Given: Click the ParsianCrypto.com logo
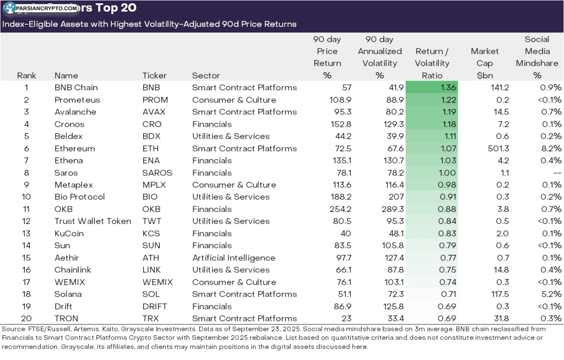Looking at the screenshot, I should pos(41,8).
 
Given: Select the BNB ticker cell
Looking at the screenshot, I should pos(151,88).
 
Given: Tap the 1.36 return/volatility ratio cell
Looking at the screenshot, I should pos(432,88).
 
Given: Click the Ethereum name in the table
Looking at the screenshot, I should pos(74,149).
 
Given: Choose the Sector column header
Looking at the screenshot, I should pos(206,75).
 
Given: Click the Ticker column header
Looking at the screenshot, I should pos(154,75).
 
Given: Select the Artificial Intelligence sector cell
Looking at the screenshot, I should pos(234,258).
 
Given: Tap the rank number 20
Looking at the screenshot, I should pos(26,318).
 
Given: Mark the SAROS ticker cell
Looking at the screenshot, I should pos(157,173).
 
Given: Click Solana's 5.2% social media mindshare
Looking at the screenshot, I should pos(550,294).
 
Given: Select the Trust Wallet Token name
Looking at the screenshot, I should pos(93,221).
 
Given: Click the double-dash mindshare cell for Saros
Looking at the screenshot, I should pos(556,173).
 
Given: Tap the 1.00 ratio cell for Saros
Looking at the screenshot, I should pos(432,173).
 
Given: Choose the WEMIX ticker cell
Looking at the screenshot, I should pos(158,282).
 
